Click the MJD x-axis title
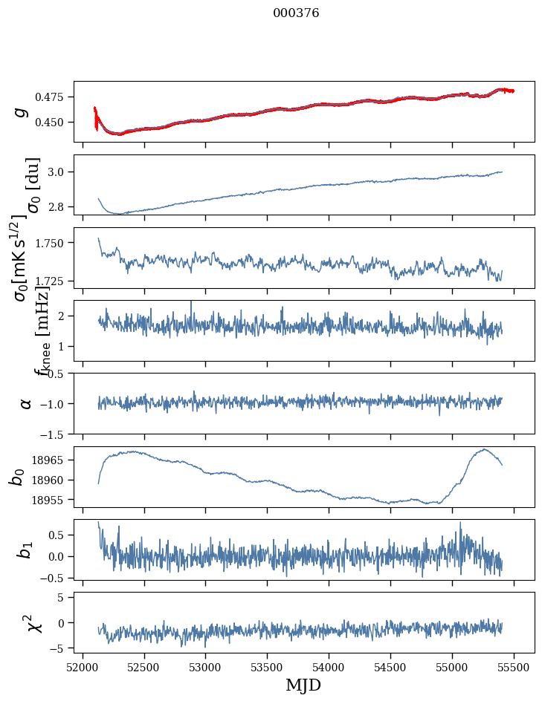pyautogui.click(x=303, y=685)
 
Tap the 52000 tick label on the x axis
pyautogui.click(x=83, y=665)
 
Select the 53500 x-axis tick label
pyautogui.click(x=267, y=665)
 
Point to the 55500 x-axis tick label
pyautogui.click(x=514, y=665)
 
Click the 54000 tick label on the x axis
pyautogui.click(x=329, y=665)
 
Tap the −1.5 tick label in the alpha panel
pyautogui.click(x=54, y=434)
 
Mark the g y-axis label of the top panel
pyautogui.click(x=22, y=111)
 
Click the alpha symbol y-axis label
pyautogui.click(x=25, y=403)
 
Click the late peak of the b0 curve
pyautogui.click(x=484, y=449)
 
